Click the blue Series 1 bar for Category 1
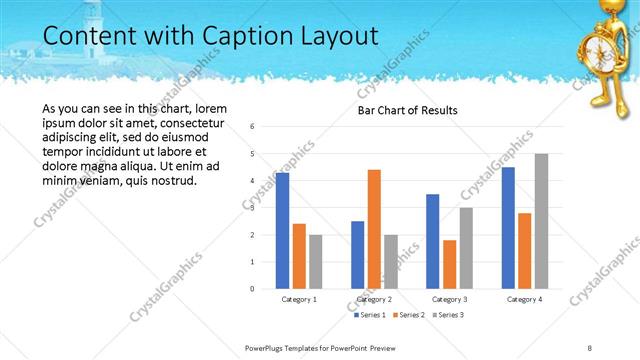(x=282, y=230)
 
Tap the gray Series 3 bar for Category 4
(x=541, y=220)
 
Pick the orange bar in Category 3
(x=450, y=263)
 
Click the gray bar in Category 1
(x=316, y=261)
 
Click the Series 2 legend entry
(x=408, y=315)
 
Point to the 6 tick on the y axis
(x=252, y=127)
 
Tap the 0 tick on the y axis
(x=252, y=288)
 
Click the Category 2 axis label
(x=374, y=299)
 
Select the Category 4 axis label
(x=524, y=299)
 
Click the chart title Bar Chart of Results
(x=408, y=110)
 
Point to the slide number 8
(x=590, y=347)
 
